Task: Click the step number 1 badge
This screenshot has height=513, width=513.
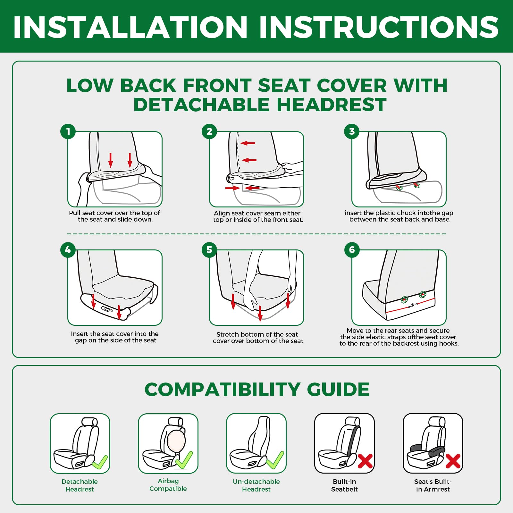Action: tap(68, 131)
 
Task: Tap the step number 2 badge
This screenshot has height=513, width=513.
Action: tap(209, 131)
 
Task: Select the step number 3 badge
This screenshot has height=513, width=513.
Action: tap(352, 131)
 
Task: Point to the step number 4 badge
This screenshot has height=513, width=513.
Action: tap(68, 250)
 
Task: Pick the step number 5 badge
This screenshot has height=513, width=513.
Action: tap(209, 250)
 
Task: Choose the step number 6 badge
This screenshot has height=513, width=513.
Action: tap(352, 250)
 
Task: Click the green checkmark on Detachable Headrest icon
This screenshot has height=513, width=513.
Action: tap(100, 462)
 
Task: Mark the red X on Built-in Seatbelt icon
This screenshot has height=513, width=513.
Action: tap(365, 461)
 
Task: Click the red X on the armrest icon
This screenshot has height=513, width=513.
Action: tap(453, 461)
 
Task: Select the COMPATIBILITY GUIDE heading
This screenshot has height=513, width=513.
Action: tap(257, 389)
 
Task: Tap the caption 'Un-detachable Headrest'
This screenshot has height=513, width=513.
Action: tap(256, 485)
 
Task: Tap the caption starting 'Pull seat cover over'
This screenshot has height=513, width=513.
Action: tap(115, 216)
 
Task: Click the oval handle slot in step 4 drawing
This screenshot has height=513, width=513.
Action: tap(107, 309)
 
